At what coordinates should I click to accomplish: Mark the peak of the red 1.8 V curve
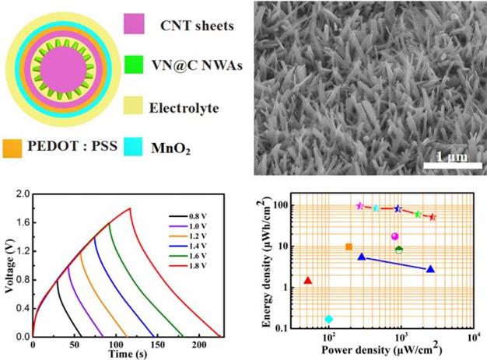[x=129, y=208]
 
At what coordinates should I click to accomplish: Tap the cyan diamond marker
[x=328, y=318]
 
